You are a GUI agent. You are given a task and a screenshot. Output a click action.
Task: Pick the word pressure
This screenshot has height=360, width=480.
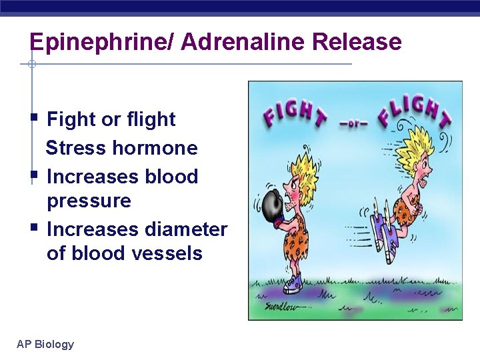[89, 201]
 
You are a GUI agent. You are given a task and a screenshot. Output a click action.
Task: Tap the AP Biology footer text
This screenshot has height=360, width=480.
[45, 344]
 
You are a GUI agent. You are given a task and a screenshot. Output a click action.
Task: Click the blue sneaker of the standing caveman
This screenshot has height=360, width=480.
[293, 283]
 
